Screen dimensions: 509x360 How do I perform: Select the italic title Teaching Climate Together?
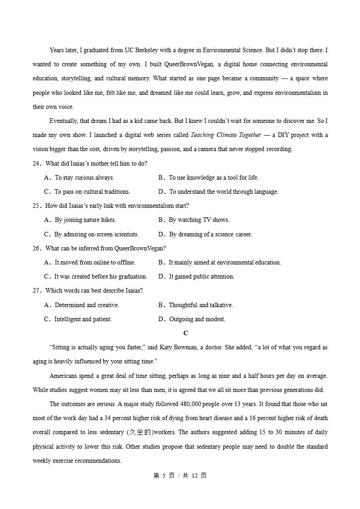point(226,135)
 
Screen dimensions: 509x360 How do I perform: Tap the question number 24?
point(37,163)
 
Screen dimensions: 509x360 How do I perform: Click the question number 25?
point(37,206)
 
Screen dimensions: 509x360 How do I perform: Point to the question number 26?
point(37,248)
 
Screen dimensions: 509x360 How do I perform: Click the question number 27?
point(37,290)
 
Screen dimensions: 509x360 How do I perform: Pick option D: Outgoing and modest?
point(197,319)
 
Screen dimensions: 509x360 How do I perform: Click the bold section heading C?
point(186,333)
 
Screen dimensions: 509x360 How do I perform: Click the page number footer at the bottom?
point(180,475)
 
